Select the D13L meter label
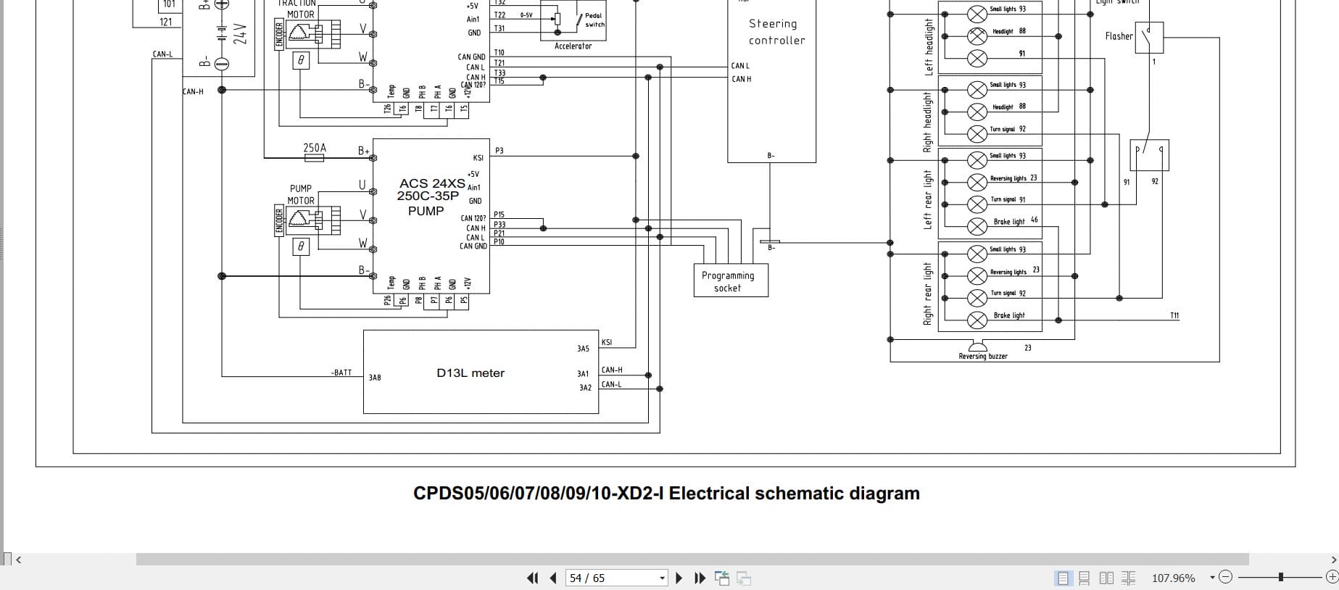click(470, 373)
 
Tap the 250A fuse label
click(315, 148)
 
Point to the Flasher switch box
click(1149, 37)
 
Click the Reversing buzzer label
click(982, 356)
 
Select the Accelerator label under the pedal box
click(573, 46)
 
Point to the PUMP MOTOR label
click(301, 194)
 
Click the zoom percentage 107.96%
click(1173, 578)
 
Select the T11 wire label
click(1174, 315)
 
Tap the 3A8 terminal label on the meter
click(375, 378)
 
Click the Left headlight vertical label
click(929, 47)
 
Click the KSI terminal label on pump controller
click(478, 158)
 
